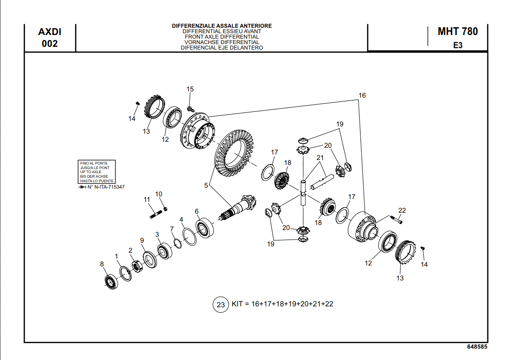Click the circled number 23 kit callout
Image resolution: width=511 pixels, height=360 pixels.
(220, 305)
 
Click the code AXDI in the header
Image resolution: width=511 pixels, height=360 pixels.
(50, 32)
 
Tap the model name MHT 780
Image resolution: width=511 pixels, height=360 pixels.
(457, 31)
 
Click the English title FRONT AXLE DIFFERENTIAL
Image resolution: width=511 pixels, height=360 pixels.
(222, 37)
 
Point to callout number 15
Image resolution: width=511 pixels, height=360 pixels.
(190, 89)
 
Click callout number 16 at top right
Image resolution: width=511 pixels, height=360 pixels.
(362, 95)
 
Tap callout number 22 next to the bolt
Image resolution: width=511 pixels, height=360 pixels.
(402, 210)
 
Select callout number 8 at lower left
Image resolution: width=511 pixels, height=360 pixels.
(102, 264)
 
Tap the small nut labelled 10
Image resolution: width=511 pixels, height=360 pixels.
(165, 209)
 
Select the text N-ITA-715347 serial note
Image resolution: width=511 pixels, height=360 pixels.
(106, 187)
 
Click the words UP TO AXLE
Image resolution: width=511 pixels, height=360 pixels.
(90, 172)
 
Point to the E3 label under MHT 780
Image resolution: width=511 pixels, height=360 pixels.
(457, 45)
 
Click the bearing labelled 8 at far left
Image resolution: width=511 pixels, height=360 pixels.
(110, 281)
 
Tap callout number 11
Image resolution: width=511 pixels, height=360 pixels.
(147, 200)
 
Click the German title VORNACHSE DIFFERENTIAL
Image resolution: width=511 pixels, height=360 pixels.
(222, 42)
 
